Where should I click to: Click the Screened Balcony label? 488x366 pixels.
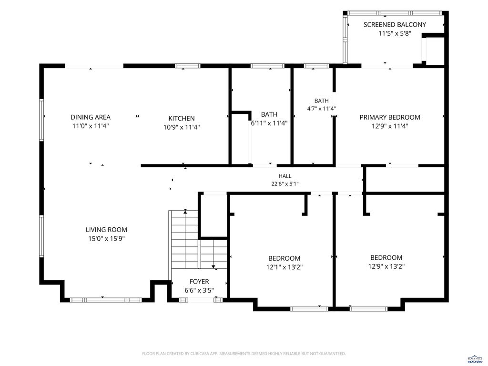tap(395, 25)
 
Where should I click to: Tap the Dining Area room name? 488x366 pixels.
tap(91, 117)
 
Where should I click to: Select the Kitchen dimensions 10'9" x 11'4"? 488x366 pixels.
tap(182, 127)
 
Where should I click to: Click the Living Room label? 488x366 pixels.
tap(106, 230)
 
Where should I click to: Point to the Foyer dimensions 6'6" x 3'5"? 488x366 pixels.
tap(199, 290)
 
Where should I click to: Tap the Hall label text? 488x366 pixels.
tap(285, 176)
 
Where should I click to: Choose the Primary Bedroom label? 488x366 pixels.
tap(390, 117)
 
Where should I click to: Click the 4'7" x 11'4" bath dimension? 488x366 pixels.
tap(322, 109)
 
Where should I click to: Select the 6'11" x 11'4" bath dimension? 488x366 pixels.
tap(269, 123)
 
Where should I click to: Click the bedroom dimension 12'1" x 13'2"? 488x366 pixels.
tap(285, 267)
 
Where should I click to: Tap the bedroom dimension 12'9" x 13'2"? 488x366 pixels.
tap(386, 266)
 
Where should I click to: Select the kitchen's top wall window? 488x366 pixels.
tap(187, 66)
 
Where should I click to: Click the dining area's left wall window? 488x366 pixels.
tap(41, 120)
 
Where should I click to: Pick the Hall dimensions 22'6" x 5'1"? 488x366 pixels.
tap(285, 184)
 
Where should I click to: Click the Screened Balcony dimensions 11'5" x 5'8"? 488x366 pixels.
tap(395, 33)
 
